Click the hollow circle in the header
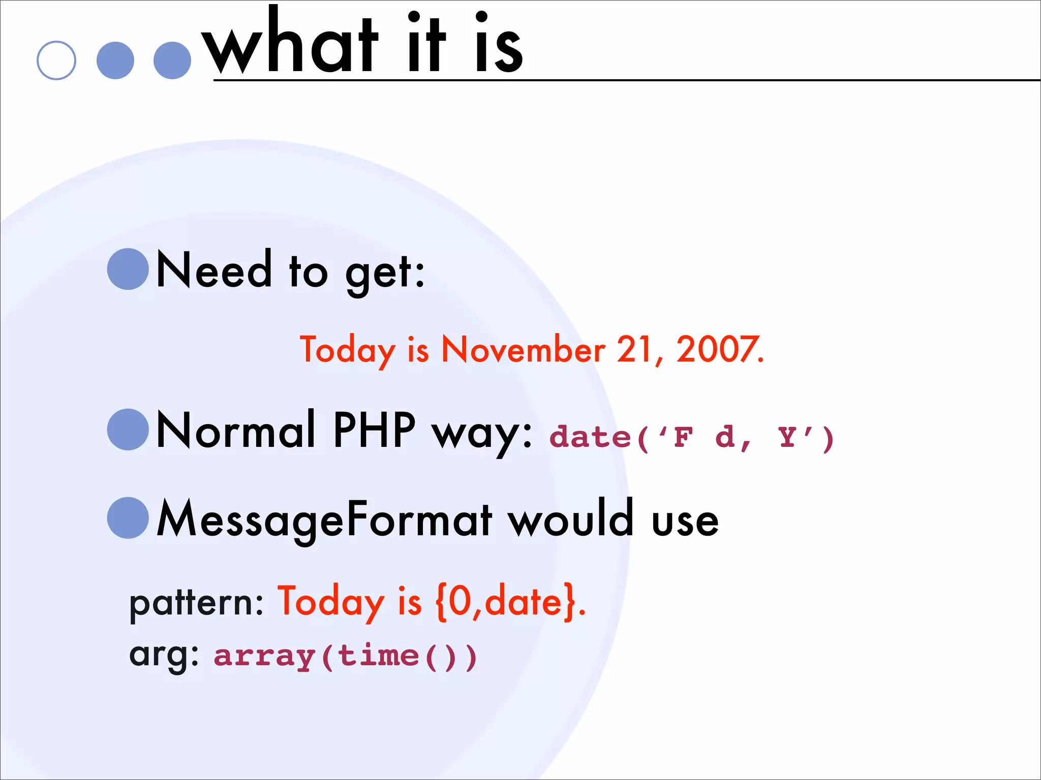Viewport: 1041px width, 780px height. [56, 60]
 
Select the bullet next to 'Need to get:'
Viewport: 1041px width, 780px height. [128, 269]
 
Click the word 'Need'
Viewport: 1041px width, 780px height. [214, 270]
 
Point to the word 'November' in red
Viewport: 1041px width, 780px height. [524, 350]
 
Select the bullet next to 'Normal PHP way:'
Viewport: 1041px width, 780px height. [128, 430]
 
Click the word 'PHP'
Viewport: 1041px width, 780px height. [374, 430]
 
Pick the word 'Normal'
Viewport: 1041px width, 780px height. [236, 430]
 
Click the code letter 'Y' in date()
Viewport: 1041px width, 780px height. [787, 437]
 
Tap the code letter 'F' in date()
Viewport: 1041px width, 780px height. [684, 437]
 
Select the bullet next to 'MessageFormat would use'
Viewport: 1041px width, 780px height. [128, 518]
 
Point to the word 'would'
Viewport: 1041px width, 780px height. [571, 519]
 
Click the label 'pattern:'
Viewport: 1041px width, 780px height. [196, 604]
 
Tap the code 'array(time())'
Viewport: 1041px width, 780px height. [346, 656]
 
